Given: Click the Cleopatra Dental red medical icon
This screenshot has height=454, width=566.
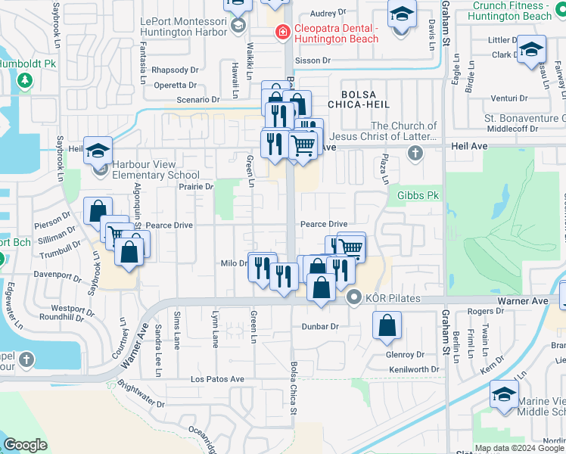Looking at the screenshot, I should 281,33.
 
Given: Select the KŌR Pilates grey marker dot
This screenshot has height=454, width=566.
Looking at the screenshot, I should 353,299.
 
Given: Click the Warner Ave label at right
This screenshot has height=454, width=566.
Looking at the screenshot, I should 522,301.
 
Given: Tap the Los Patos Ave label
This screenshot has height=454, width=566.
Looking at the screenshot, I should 217,379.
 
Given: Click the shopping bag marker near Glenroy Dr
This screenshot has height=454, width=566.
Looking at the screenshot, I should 387,326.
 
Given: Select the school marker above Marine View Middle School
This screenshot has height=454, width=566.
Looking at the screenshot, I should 504,395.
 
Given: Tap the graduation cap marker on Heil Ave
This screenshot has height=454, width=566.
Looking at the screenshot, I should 98,151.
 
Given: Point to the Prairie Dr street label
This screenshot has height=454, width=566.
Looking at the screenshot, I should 197,186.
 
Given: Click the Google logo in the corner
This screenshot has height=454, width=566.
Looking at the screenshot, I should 25,445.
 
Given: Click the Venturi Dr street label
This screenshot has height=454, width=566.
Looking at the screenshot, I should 508,98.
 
